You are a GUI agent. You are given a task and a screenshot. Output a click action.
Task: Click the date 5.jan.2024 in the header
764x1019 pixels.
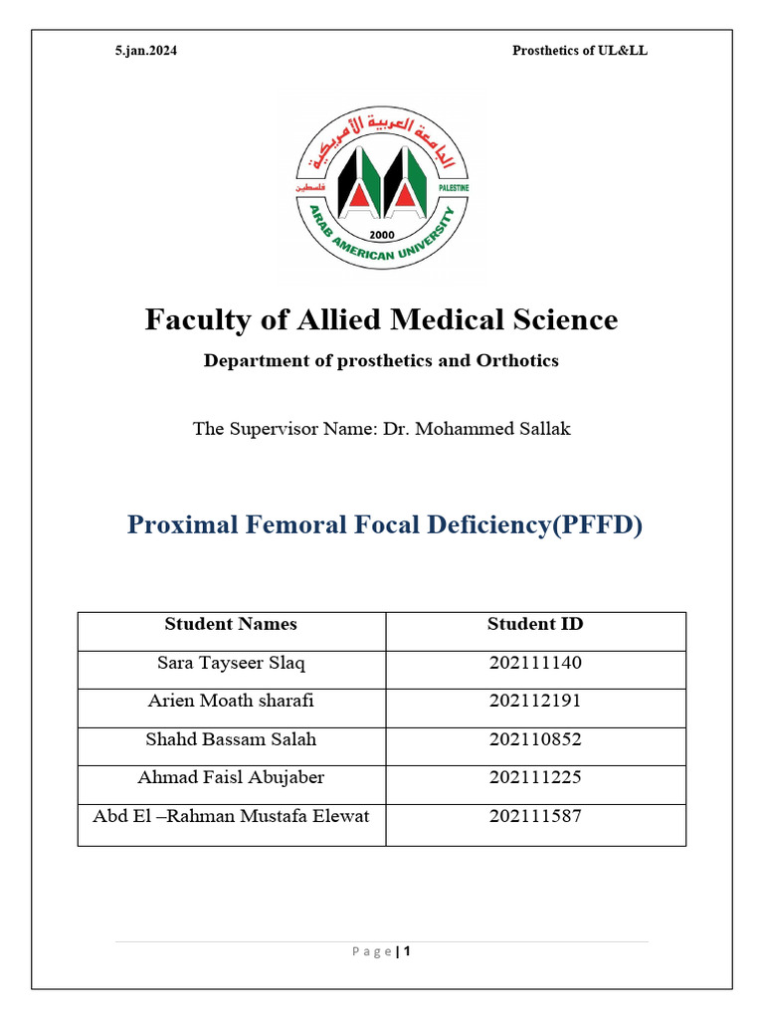[x=146, y=51]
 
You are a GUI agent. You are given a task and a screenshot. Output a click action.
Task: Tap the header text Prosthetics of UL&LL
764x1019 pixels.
[x=579, y=51]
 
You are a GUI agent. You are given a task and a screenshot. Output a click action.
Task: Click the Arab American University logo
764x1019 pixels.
[x=382, y=188]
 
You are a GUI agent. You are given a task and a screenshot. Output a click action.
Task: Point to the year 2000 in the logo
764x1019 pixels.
[x=382, y=235]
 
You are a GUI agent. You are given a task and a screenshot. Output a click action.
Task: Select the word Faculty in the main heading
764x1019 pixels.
[x=190, y=319]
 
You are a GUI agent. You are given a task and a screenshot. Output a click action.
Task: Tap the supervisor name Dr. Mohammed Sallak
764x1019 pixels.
[x=477, y=429]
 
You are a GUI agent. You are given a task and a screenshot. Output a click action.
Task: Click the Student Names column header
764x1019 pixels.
[x=231, y=624]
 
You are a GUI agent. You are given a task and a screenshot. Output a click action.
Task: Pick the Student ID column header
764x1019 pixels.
[x=535, y=624]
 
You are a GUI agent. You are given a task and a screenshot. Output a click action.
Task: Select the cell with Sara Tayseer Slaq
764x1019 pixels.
[x=231, y=663]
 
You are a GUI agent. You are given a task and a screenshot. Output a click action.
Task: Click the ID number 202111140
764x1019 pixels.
[x=535, y=663]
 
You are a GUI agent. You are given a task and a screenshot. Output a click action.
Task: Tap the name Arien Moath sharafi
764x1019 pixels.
[x=231, y=701]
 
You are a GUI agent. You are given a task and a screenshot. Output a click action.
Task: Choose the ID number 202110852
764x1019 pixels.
[x=535, y=739]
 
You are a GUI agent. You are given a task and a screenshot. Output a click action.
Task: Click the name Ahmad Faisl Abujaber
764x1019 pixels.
[x=231, y=777]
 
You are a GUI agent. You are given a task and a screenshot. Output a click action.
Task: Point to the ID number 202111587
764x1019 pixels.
[x=535, y=816]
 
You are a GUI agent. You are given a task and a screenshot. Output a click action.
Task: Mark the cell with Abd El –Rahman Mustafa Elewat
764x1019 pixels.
[x=231, y=816]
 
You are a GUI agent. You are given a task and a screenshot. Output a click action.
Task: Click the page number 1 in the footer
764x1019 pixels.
[x=407, y=950]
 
